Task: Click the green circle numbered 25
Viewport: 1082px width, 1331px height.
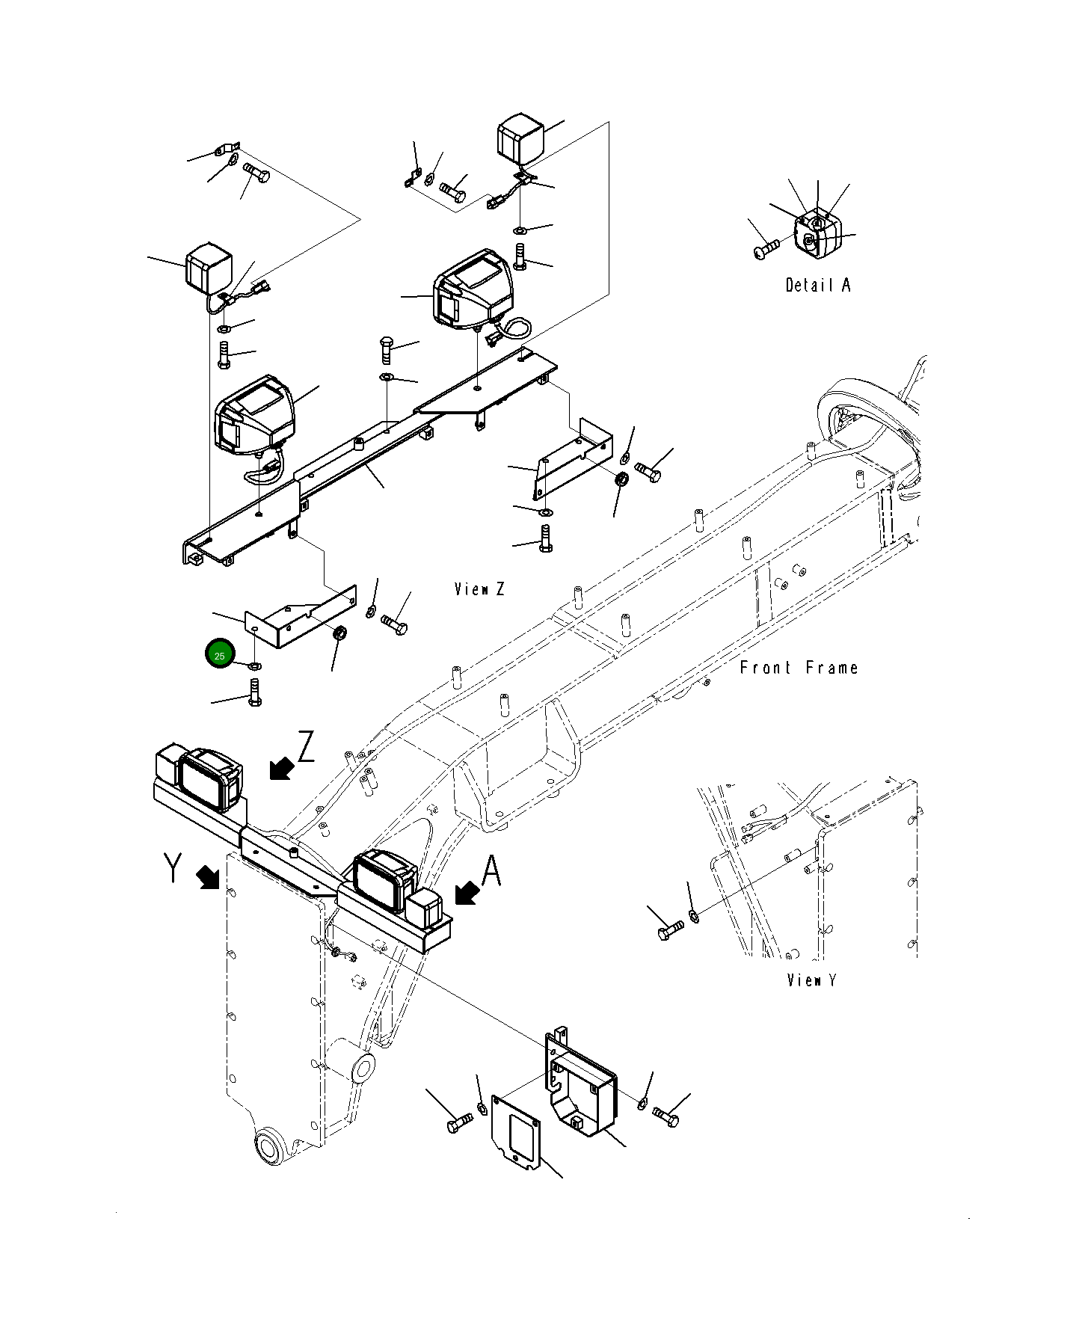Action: [x=220, y=656]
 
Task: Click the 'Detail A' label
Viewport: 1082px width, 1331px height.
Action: [x=817, y=285]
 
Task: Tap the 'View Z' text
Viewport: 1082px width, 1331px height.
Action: [x=479, y=589]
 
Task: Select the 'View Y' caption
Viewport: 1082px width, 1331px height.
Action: [x=811, y=980]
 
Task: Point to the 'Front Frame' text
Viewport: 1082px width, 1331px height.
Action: [x=799, y=668]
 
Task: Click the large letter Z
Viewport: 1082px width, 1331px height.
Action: [x=306, y=747]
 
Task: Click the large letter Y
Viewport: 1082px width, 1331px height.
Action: [x=173, y=868]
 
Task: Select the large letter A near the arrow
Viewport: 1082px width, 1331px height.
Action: [x=491, y=872]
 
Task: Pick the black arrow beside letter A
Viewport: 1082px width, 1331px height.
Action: [x=467, y=893]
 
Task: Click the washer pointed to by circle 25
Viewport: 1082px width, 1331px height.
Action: [x=255, y=665]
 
